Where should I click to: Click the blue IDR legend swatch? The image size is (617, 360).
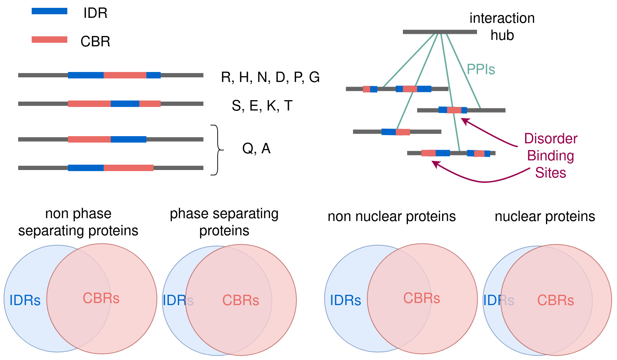(x=49, y=11)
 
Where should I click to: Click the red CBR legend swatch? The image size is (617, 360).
(x=49, y=40)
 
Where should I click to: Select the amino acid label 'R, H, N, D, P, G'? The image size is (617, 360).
(x=270, y=77)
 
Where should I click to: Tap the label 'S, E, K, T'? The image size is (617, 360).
(x=262, y=106)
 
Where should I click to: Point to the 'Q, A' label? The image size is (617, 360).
(x=256, y=148)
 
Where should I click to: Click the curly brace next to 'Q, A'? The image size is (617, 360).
(x=217, y=150)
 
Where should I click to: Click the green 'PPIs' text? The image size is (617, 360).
(x=481, y=69)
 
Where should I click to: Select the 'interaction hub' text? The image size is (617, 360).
(x=502, y=26)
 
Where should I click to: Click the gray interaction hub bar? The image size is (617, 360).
(x=440, y=32)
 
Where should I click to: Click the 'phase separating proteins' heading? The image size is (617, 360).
(x=224, y=222)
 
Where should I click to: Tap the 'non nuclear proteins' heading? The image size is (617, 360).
(x=392, y=216)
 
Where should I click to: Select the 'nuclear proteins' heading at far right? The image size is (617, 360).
(x=545, y=216)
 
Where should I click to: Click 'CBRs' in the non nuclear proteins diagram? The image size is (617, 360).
(x=421, y=298)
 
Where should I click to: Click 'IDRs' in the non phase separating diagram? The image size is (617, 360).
(x=25, y=300)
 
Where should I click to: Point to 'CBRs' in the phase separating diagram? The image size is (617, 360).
(x=240, y=300)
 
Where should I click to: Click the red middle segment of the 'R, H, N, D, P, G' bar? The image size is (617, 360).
(x=125, y=75)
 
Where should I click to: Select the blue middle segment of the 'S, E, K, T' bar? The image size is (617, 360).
(x=125, y=104)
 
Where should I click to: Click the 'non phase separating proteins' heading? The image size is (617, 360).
(x=78, y=222)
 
